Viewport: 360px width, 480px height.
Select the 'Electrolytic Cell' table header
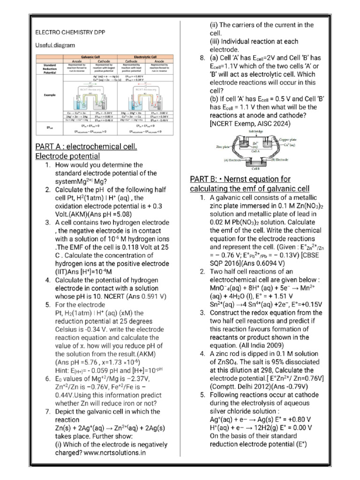(x=143, y=56)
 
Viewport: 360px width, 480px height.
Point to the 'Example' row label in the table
(x=49, y=95)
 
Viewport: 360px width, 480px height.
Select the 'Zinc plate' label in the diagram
(x=224, y=146)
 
